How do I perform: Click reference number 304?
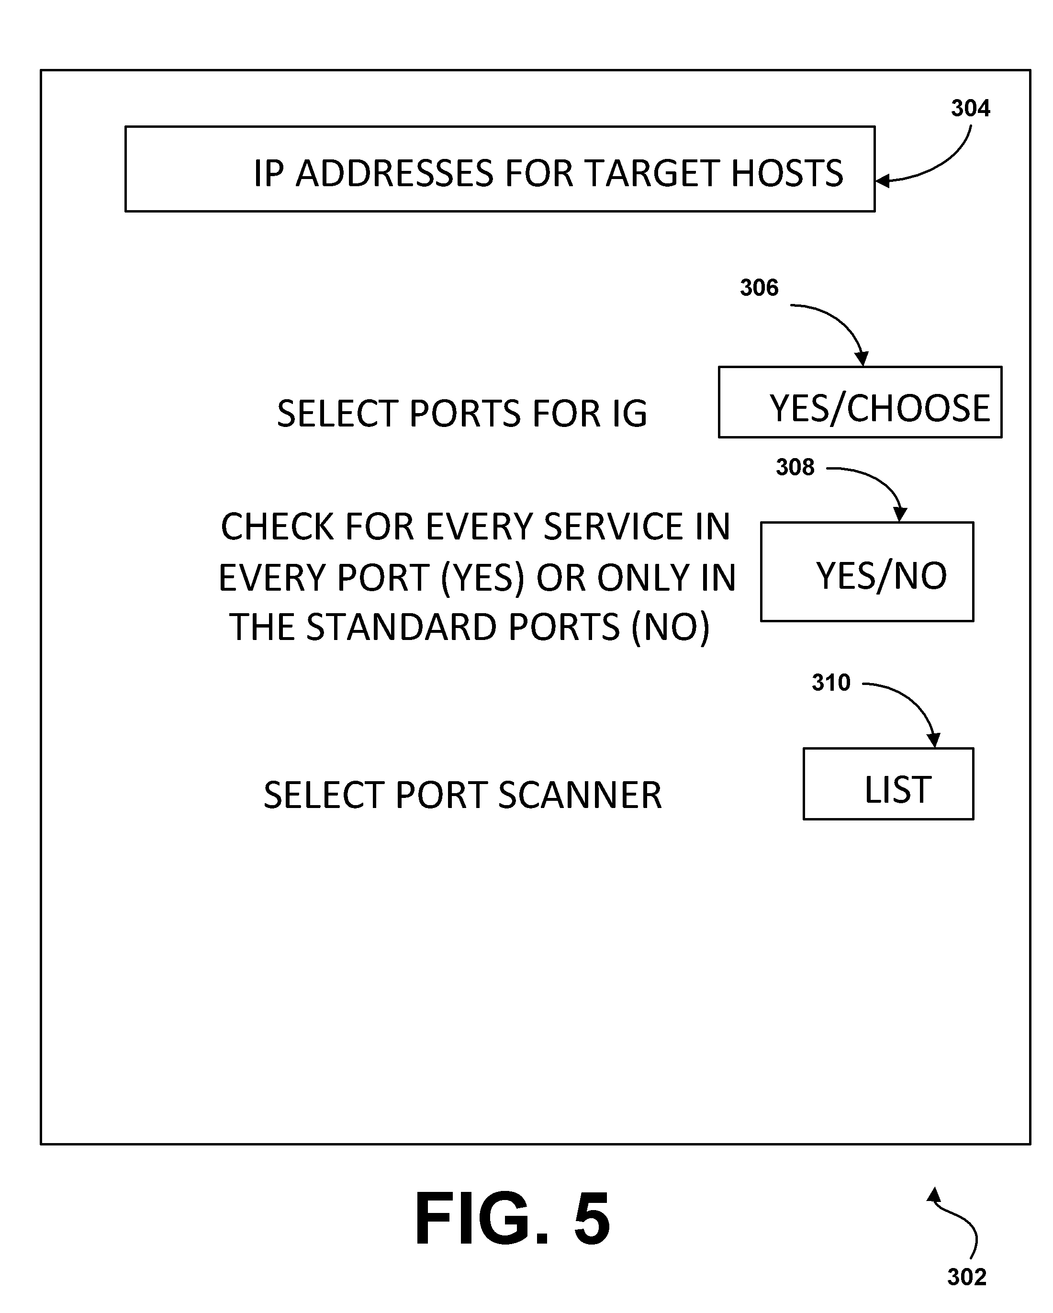pos(970,108)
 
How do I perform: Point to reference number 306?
pos(759,288)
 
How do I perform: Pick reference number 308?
pos(795,467)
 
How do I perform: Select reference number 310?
pos(831,683)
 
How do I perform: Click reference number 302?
pos(966,1277)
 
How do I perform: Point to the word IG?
pos(629,414)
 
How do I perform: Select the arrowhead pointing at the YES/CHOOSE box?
pos(861,359)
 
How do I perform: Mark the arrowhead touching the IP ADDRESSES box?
pos(883,181)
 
